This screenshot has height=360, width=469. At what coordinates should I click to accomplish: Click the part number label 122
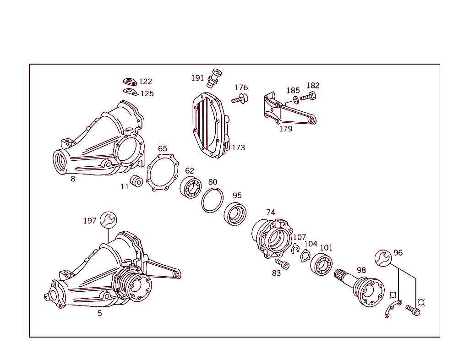145,82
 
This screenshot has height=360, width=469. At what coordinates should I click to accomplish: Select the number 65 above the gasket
163,149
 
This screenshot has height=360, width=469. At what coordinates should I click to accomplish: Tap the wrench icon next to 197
109,220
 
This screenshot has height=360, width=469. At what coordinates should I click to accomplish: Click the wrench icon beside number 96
383,258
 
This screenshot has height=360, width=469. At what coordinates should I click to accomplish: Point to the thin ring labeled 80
212,200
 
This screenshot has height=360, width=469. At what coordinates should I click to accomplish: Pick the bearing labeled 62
191,186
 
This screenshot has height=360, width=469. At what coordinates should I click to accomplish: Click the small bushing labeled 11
136,181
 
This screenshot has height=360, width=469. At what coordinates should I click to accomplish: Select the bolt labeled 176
240,98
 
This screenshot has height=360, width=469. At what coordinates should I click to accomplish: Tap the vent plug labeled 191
214,77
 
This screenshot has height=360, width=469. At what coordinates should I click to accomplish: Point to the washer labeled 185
295,99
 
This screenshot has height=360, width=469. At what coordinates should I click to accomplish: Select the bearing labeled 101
322,265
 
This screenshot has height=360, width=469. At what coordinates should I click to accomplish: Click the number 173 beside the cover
238,147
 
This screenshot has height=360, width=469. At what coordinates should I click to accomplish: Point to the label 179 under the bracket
285,129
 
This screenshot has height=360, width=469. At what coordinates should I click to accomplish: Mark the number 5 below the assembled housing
99,313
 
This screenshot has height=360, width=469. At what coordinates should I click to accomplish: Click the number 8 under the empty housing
73,179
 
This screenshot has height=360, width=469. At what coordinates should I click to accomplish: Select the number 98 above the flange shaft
361,270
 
